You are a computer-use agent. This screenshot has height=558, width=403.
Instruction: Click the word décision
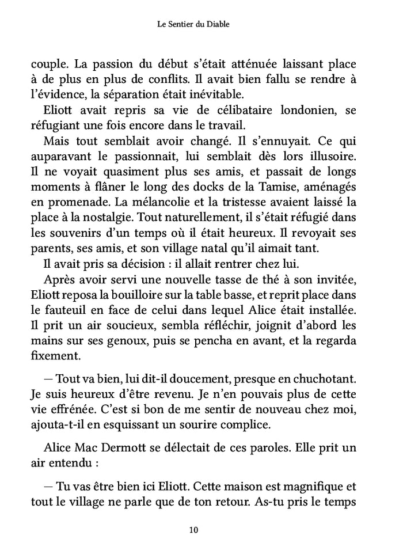(x=140, y=264)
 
